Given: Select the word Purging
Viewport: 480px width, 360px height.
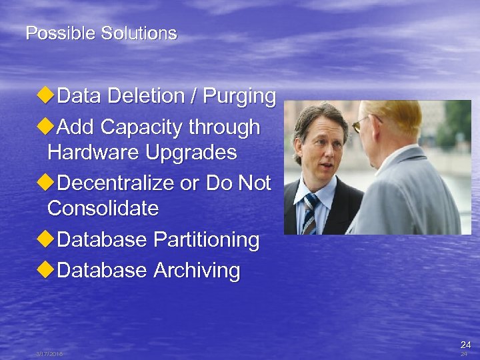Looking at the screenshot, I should click(x=239, y=97).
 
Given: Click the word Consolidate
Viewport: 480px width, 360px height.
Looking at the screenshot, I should click(x=103, y=209).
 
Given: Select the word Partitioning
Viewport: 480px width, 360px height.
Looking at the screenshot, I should click(x=206, y=239).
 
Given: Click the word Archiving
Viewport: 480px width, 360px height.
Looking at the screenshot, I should click(x=197, y=270).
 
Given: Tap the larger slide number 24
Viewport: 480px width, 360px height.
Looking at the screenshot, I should click(x=465, y=345).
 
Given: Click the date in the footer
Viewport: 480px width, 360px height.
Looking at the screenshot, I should click(x=49, y=354).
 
